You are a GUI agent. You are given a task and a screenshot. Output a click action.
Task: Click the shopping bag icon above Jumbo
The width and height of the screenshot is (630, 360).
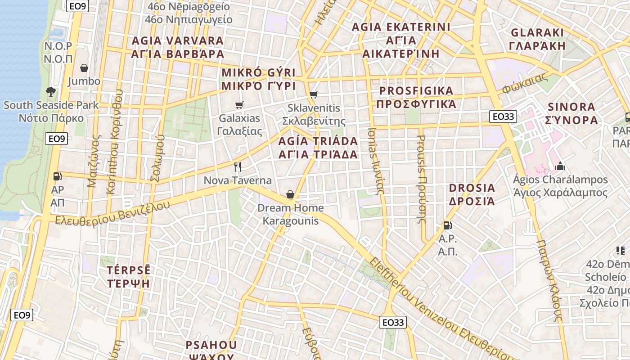pos(84,68)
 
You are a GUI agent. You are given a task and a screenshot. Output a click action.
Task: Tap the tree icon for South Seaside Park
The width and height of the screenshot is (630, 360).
pos(51,92)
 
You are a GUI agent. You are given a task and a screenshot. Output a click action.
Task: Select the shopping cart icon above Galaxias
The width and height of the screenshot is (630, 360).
pos(239,105)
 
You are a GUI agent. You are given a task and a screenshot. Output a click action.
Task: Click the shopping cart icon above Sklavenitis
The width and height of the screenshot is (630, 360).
pos(314,94)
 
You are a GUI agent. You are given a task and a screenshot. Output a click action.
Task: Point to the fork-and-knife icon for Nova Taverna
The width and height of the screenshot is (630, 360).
pos(238,167)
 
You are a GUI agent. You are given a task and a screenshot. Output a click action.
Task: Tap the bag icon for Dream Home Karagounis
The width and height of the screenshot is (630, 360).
pos(290,194)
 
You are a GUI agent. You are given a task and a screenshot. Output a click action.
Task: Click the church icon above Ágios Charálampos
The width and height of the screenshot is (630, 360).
pos(560,166)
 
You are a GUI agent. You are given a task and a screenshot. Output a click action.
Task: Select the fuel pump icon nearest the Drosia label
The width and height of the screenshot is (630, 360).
pos(447,225)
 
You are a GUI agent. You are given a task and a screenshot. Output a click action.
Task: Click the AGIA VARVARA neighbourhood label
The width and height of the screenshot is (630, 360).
pos(177,47)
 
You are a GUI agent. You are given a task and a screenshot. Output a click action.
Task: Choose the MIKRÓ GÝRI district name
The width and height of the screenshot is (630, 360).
pos(258,79)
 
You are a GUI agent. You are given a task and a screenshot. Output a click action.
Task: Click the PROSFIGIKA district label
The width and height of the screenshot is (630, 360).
pos(416,97)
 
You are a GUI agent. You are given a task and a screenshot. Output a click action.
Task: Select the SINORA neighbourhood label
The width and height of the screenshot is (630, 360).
pos(571,113)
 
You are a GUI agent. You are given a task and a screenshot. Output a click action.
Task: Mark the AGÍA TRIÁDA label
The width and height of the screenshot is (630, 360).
pos(318,148)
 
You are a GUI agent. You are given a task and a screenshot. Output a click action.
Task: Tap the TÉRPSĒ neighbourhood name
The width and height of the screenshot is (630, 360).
pos(128,277)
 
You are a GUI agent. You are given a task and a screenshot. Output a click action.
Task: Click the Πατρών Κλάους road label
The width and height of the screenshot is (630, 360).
pos(549,280)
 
